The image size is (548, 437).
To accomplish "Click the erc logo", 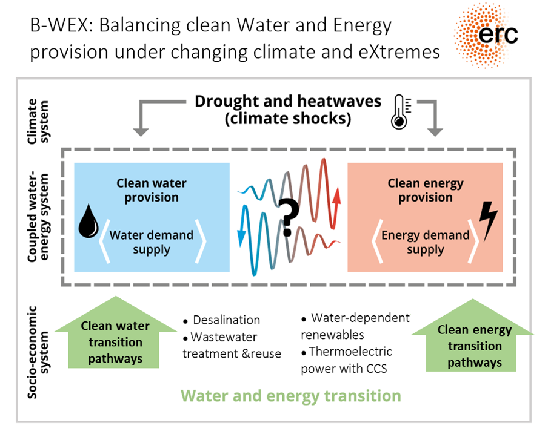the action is [486, 36].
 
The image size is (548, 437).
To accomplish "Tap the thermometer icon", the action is [401, 112].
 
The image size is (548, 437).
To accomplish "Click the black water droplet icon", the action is [89, 221].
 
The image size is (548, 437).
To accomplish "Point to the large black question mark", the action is [289, 217].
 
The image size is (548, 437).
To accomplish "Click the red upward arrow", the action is [336, 208].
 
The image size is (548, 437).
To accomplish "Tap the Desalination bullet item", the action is [222, 320].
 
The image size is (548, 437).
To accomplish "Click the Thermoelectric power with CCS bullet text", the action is [346, 360].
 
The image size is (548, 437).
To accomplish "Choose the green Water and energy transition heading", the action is [291, 396].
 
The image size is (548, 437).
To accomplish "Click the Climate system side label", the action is [38, 121].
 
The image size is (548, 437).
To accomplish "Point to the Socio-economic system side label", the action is [38, 352].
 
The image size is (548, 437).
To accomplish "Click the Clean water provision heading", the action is [152, 190].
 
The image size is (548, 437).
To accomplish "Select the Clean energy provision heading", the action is [426, 190].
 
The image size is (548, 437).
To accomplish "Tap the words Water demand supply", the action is [152, 242].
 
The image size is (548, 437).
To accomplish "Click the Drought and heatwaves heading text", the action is [288, 101].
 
